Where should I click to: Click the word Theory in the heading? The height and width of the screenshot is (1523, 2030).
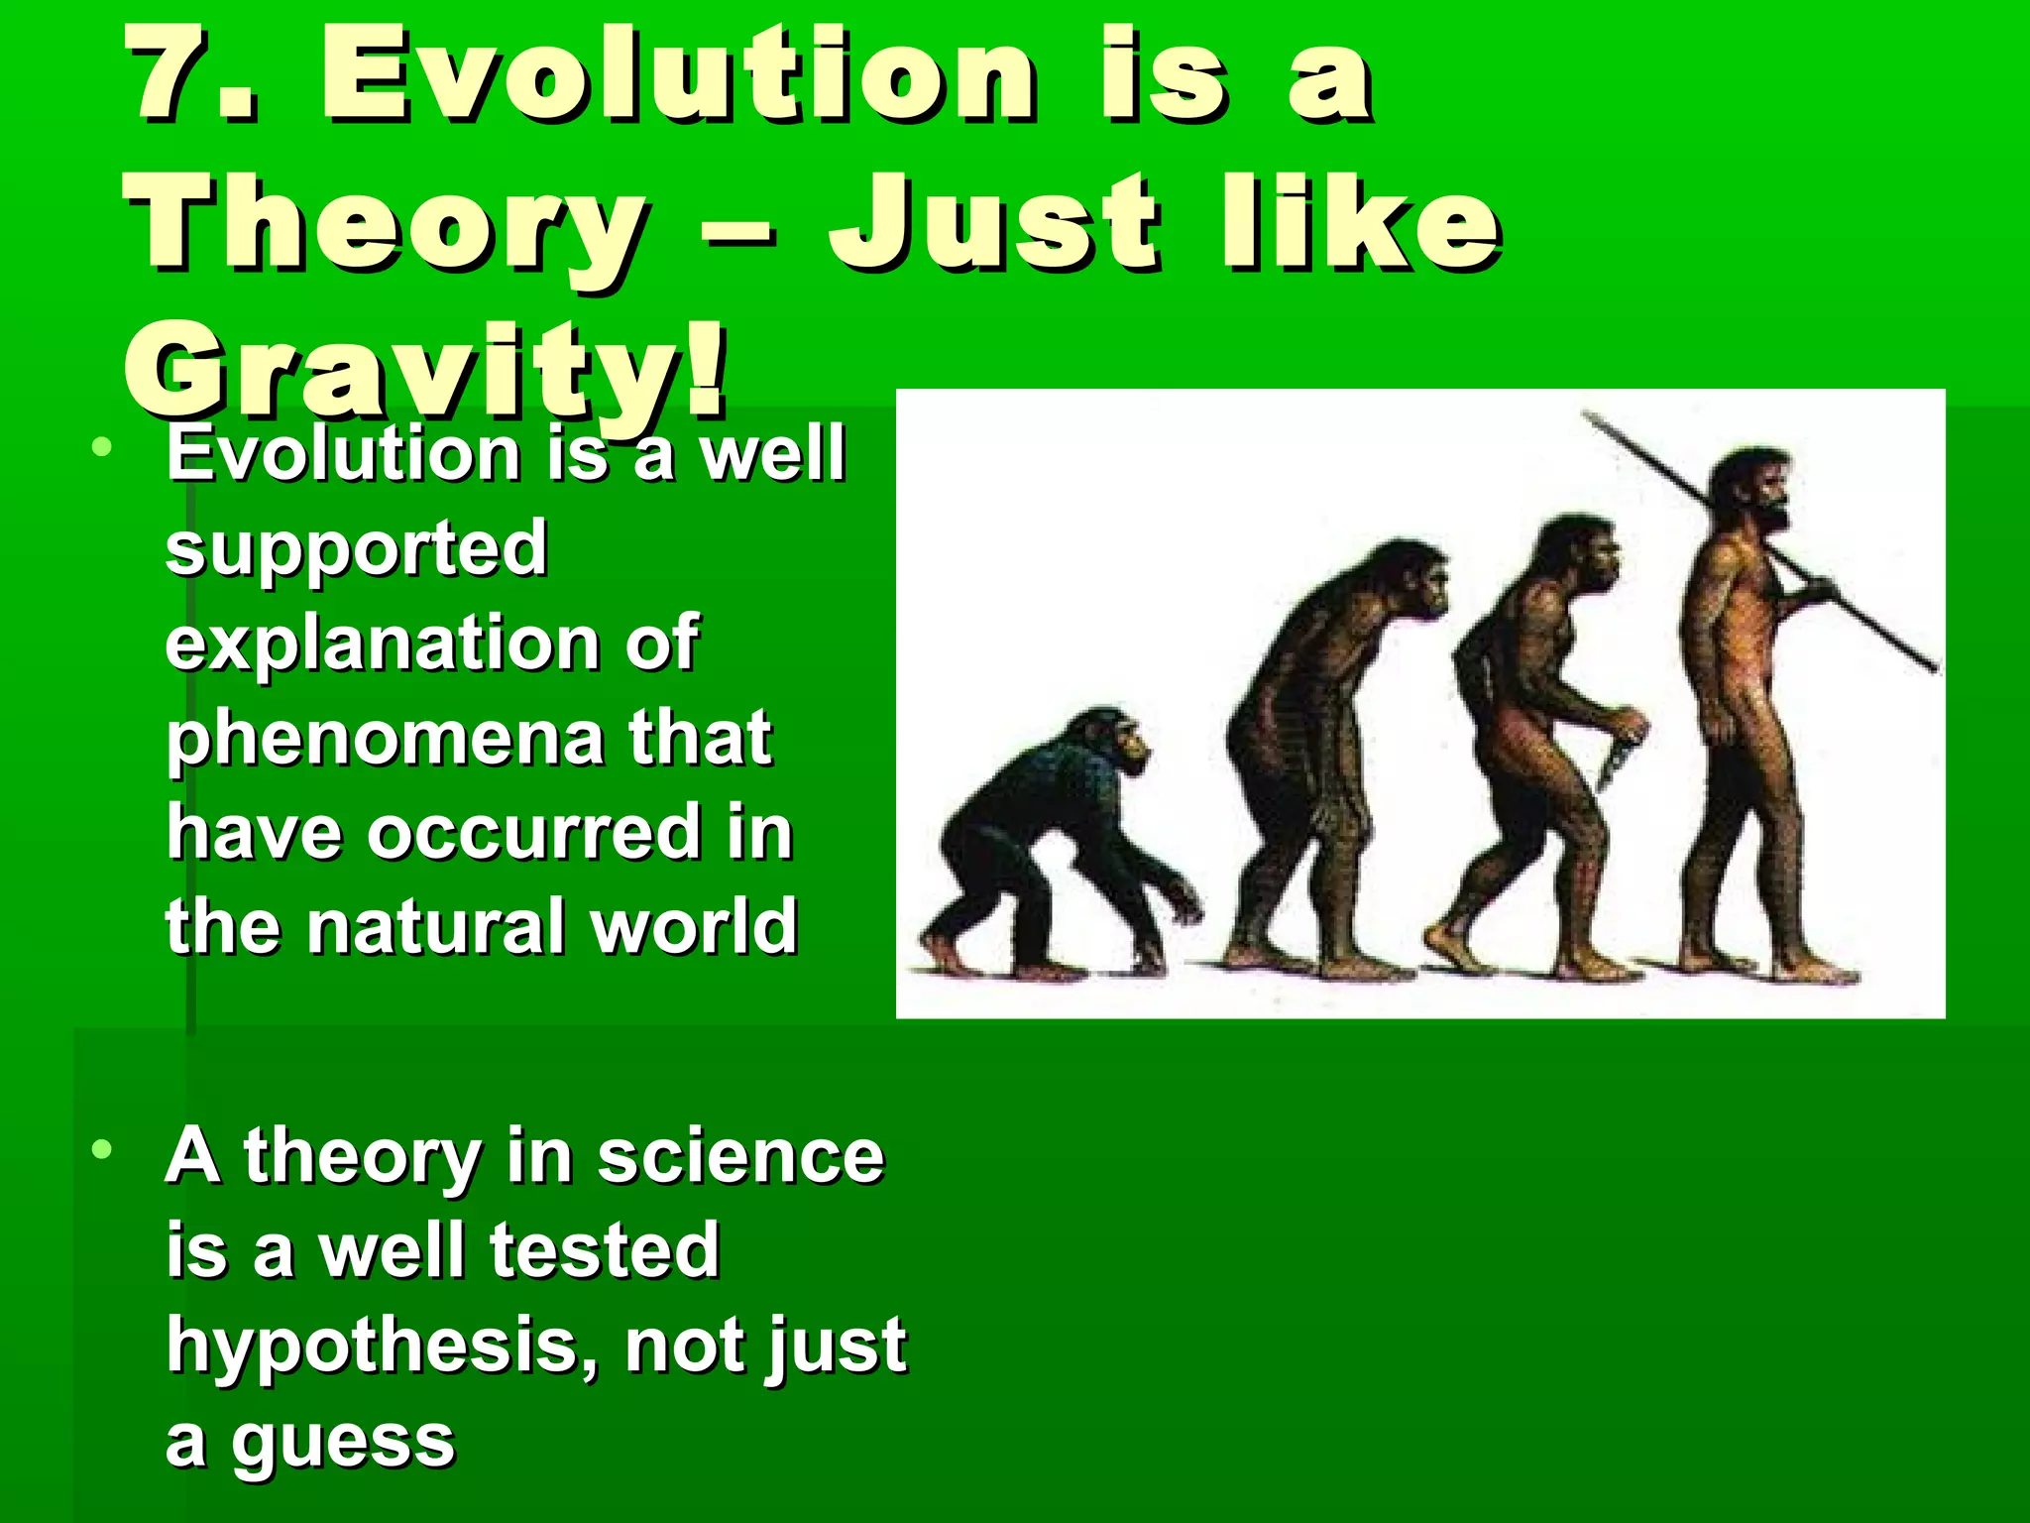[387, 226]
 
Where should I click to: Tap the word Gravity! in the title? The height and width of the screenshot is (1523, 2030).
[426, 373]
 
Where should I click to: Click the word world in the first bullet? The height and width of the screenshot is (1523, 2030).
[693, 926]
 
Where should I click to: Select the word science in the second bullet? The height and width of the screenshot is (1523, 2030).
[739, 1156]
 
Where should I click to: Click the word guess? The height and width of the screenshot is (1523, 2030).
[343, 1442]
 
